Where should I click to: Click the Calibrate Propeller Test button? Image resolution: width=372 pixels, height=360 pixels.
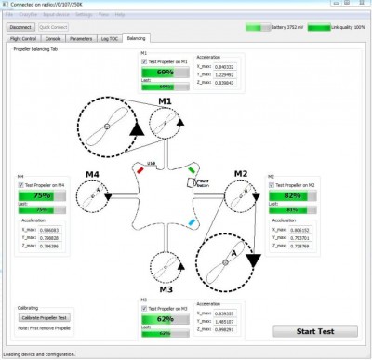coord(45,317)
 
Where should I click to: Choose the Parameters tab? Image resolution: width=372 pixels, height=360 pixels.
coord(81,40)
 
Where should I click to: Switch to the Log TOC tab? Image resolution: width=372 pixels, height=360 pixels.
coord(111,40)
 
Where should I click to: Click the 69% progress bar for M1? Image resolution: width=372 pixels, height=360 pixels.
coord(165,72)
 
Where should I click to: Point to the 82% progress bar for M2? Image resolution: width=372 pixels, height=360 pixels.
coord(289,197)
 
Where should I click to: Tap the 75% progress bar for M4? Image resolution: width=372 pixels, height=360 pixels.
coord(42,196)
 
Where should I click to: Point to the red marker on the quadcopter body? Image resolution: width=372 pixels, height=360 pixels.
coord(139,170)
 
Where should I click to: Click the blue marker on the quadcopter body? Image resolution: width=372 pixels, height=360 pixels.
coord(191,223)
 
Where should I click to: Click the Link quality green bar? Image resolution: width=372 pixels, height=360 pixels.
coord(319,28)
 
